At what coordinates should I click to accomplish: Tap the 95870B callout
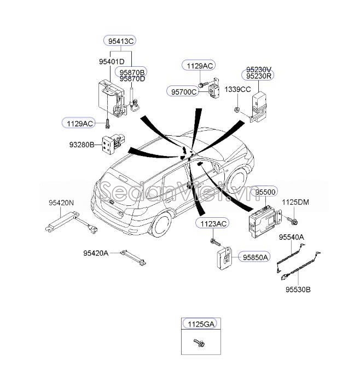(x=132, y=72)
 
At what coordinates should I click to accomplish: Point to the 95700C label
(x=183, y=92)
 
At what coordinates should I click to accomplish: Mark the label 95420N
(x=61, y=203)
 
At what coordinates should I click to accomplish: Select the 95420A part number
(x=96, y=253)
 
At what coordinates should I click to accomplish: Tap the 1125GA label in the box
(x=200, y=324)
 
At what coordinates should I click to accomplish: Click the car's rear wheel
(x=162, y=224)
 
